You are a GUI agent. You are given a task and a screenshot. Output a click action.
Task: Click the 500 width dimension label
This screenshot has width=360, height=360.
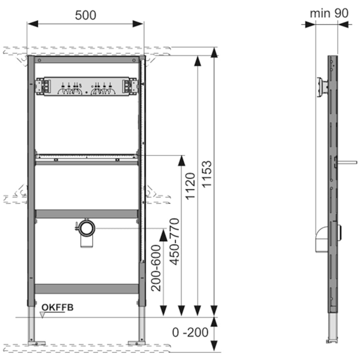point(86,15)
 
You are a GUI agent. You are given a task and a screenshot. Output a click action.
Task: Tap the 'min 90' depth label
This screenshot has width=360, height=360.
point(329,13)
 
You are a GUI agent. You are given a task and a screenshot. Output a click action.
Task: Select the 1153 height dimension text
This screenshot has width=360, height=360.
point(207,174)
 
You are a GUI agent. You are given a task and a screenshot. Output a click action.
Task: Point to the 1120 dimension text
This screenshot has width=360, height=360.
point(190,186)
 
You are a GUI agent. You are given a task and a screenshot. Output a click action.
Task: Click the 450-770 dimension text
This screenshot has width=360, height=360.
point(174,242)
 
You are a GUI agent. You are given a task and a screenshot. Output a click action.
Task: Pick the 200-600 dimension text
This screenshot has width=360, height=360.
point(156,268)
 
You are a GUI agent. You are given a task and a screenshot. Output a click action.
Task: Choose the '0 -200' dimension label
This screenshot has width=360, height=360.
point(190,332)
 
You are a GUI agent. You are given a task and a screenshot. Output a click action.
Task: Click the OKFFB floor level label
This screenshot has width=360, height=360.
point(57,308)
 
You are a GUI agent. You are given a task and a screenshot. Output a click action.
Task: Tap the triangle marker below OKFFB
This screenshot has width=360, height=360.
point(42,315)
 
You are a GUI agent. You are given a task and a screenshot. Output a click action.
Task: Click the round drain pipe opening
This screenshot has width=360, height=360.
point(87,228)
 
